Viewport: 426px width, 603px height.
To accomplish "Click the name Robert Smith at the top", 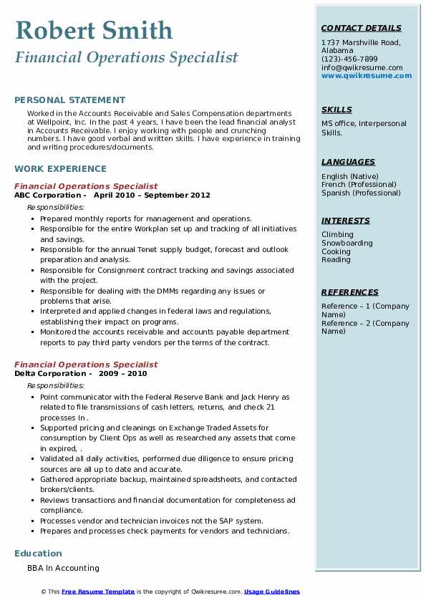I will pos(93,30).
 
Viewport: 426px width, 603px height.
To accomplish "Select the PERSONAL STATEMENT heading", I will pos(69,100).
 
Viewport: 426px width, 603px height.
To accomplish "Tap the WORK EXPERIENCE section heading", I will pos(60,169).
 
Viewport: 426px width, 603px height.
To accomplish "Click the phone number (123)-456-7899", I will pos(349,59).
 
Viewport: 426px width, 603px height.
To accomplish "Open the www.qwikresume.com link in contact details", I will pos(362,75).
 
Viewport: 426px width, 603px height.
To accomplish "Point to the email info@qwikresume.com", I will pos(362,67).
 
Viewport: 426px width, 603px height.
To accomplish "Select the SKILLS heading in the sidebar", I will pos(337,110).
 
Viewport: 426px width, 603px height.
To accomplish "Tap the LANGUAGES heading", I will pos(348,162).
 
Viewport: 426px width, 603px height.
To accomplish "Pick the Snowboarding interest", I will pos(347,243).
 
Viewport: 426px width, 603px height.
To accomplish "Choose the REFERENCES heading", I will pos(349,292).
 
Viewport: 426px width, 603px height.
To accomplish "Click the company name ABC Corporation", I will pos(47,195).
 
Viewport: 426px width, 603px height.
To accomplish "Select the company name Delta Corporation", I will pos(49,373).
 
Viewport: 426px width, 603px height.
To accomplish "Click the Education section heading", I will pos(38,553).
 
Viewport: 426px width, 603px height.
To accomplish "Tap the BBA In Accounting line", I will pos(63,568).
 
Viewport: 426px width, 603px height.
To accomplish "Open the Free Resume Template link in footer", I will pos(98,592).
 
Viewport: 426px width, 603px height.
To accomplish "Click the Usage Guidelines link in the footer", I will pos(271,592).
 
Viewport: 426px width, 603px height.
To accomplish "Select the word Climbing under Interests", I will pos(337,234).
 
